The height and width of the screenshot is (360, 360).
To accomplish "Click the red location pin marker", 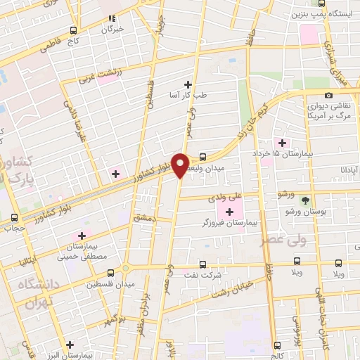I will (181, 165).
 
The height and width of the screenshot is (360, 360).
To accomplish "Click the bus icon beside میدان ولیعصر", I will (202, 157).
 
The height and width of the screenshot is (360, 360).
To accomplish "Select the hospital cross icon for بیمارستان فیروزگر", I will (229, 210).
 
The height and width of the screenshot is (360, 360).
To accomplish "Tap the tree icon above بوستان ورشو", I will (304, 200).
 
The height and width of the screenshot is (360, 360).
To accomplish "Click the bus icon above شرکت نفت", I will (202, 264).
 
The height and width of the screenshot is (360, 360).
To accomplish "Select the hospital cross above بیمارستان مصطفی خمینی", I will (82, 236).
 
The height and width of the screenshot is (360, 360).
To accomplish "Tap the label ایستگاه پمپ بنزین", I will (323, 13).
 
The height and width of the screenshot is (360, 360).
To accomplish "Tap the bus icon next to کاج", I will (74, 30).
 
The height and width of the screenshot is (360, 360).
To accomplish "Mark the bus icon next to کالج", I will (276, 344).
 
